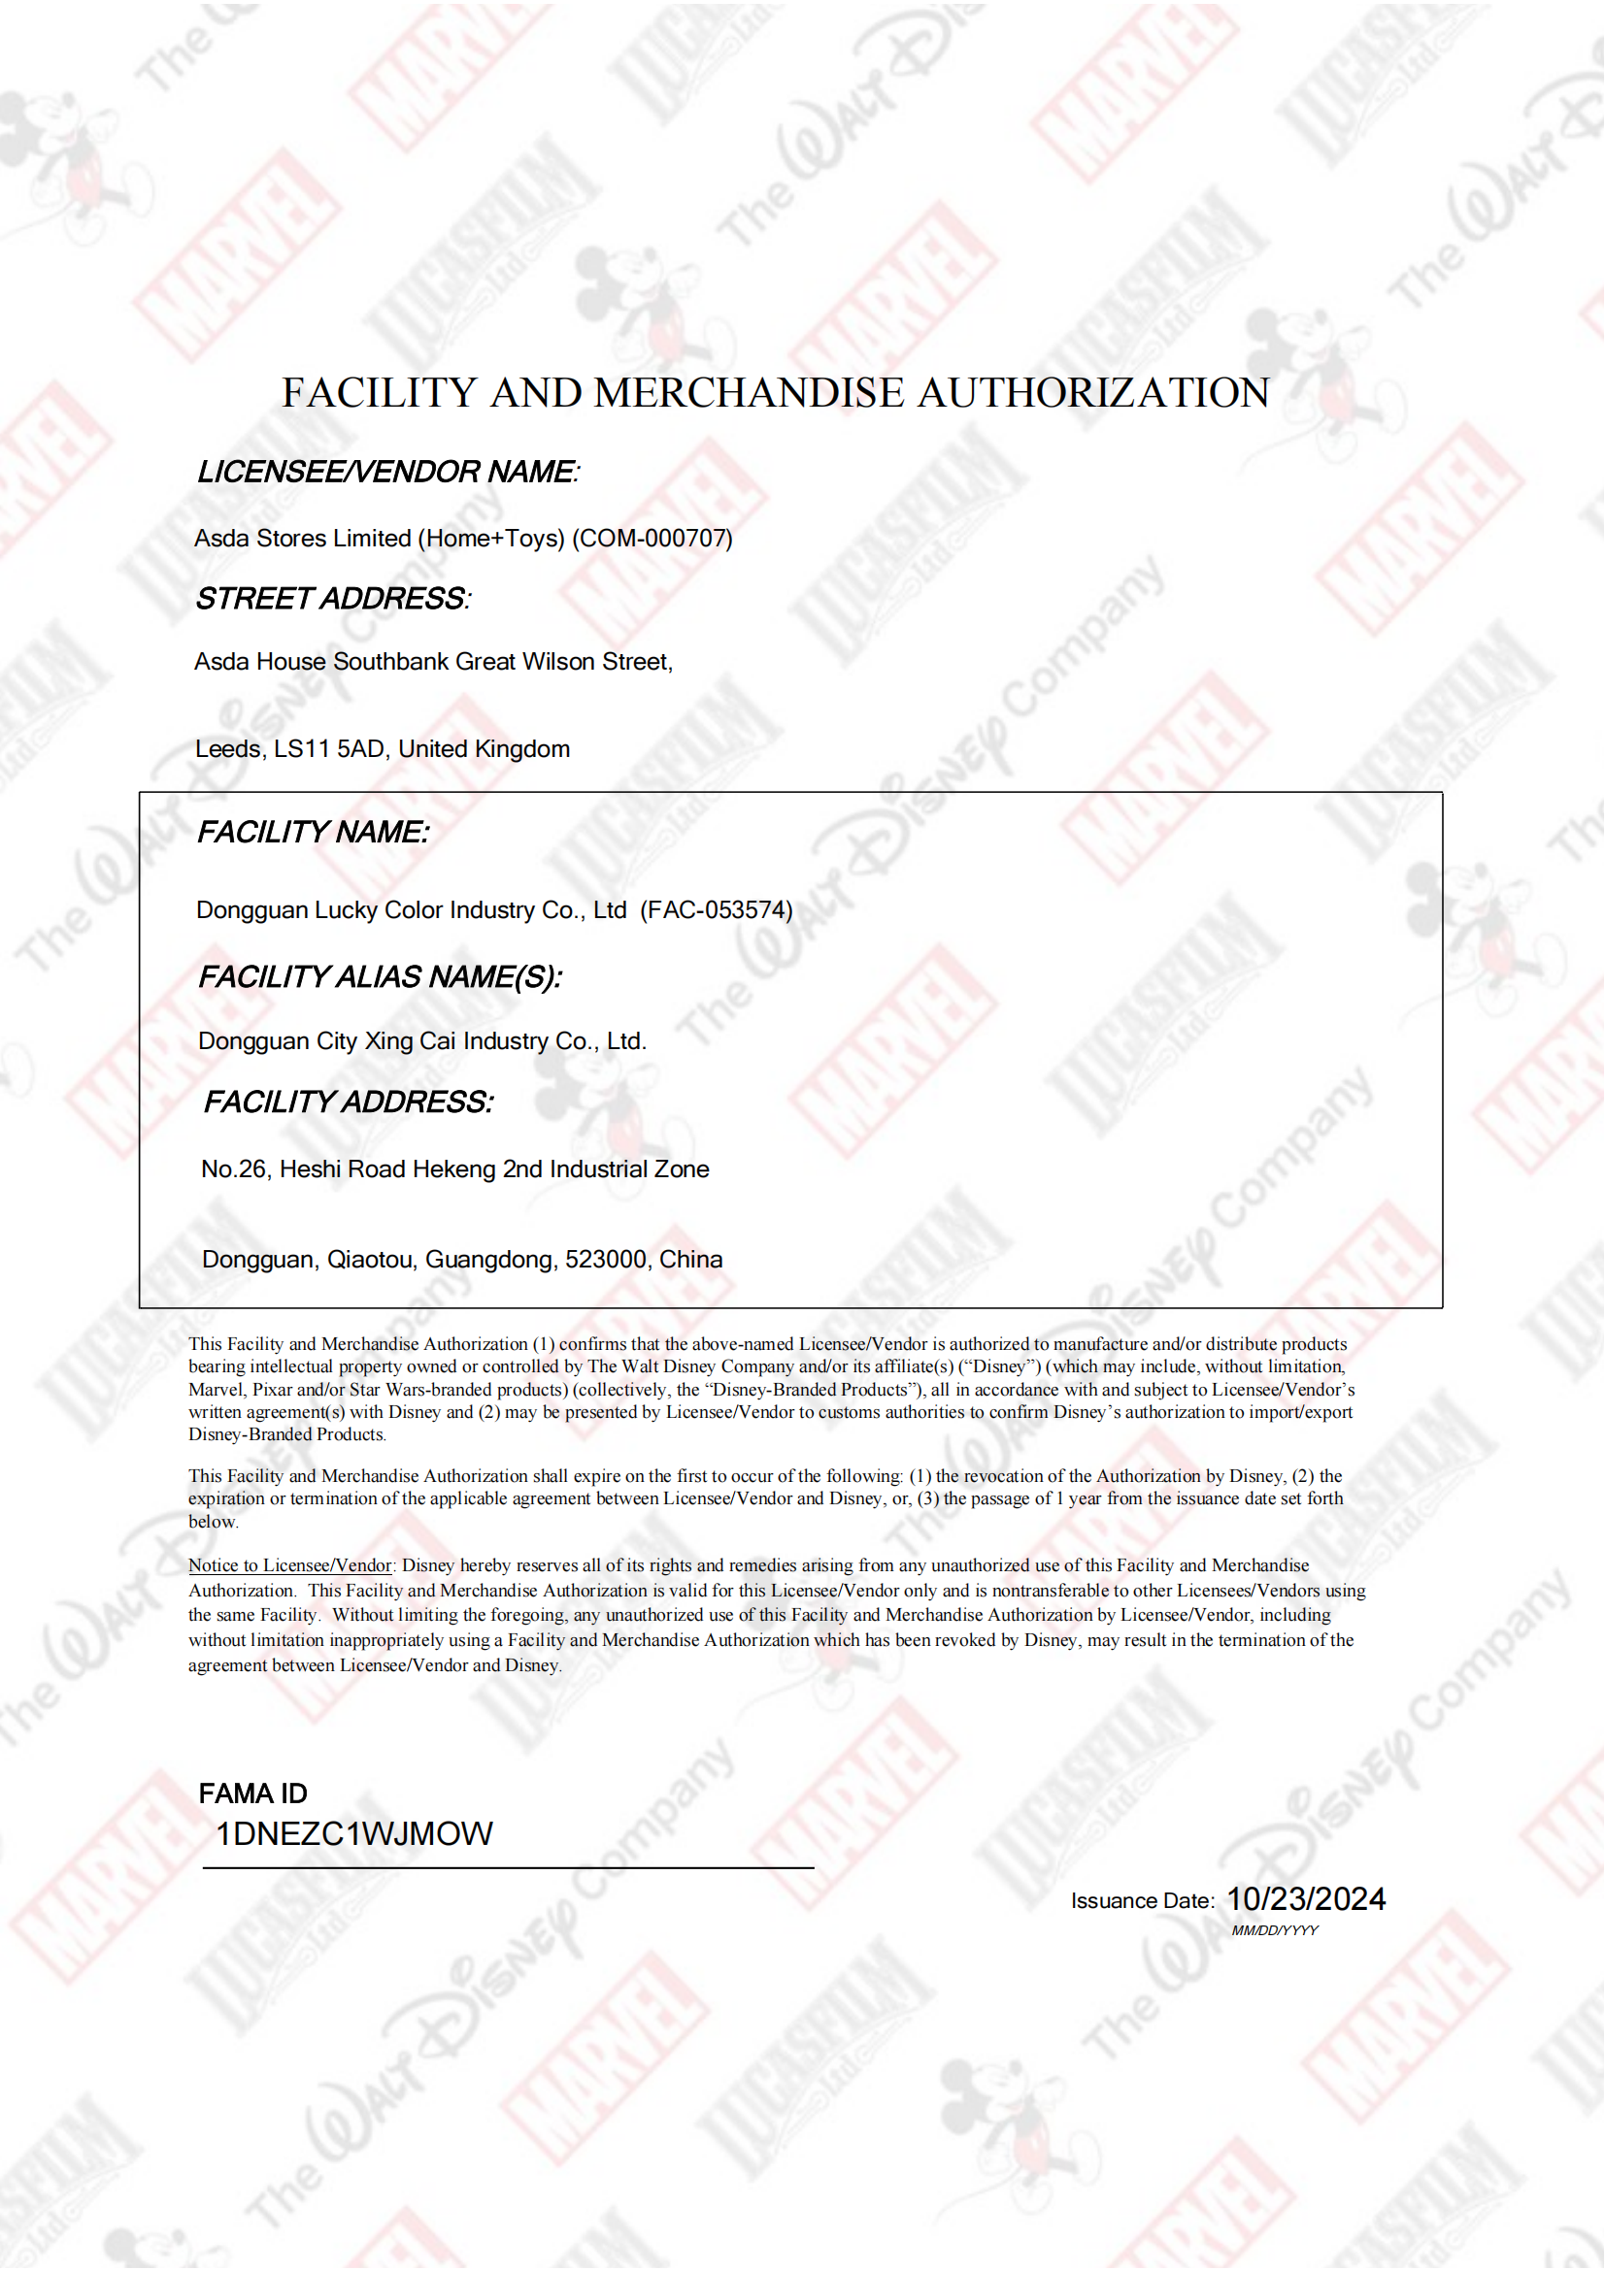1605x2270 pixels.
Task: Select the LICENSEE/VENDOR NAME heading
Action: pos(387,473)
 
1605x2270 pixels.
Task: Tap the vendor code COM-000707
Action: pos(652,539)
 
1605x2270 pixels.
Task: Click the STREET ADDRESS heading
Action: pos(332,599)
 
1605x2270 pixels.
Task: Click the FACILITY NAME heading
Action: pos(313,833)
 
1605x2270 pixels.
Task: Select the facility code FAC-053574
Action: pos(717,910)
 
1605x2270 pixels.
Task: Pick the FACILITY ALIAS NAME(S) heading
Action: pos(380,978)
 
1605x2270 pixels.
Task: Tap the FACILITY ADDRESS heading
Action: pos(349,1102)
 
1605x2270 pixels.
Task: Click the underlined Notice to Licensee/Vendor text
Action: pos(289,1566)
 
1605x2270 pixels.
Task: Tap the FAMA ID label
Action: pos(253,1794)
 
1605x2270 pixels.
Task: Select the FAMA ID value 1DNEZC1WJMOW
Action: pos(354,1835)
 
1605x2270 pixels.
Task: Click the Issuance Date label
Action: pos(1142,1901)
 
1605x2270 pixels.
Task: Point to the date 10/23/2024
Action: pos(1305,1899)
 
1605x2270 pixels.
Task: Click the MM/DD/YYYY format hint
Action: pos(1275,1931)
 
